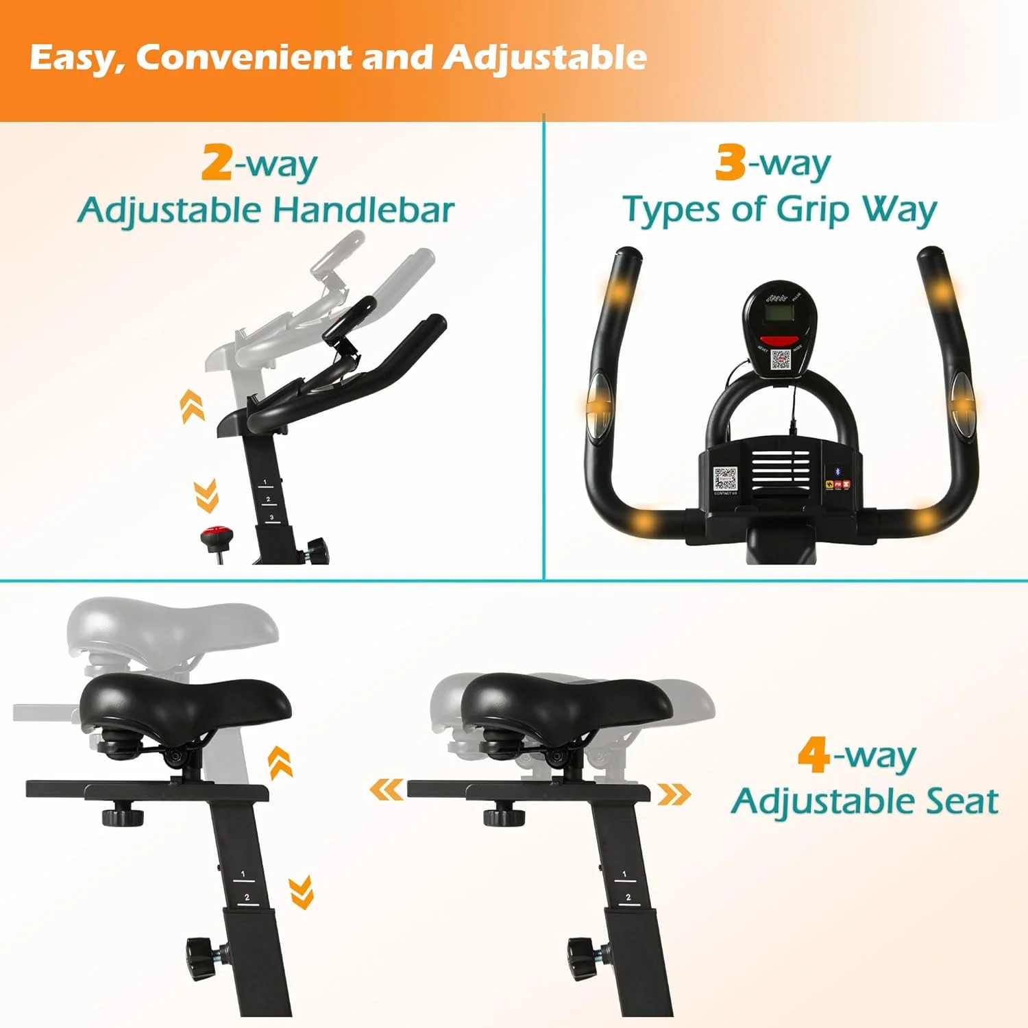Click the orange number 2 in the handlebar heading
tap(217, 163)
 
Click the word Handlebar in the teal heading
tap(363, 210)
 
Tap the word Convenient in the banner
tap(244, 57)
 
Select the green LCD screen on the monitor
tap(779, 315)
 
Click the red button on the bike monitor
tap(780, 341)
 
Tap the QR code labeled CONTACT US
tap(725, 480)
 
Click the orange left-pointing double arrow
tap(387, 790)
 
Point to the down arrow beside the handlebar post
tap(206, 495)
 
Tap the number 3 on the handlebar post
tap(272, 517)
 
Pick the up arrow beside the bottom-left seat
tap(280, 762)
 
